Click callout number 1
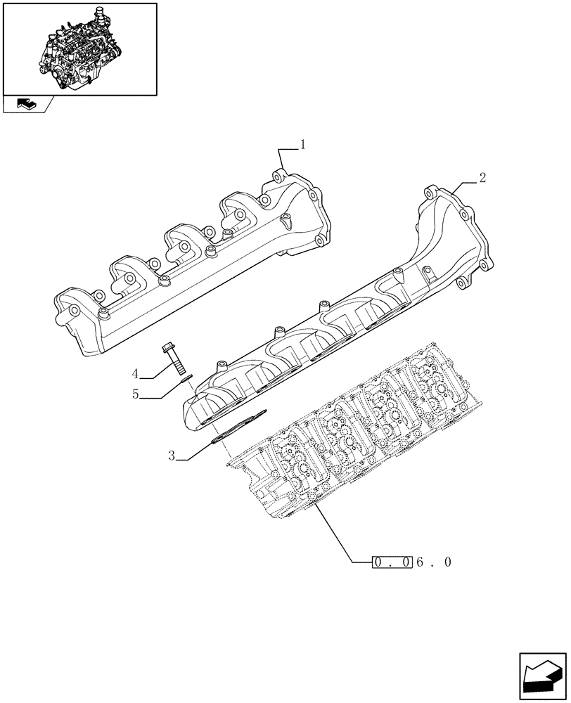coord(303,146)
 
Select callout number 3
coord(171,456)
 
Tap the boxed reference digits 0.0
coord(392,562)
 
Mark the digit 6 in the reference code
coord(420,562)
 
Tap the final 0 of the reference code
coord(447,562)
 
